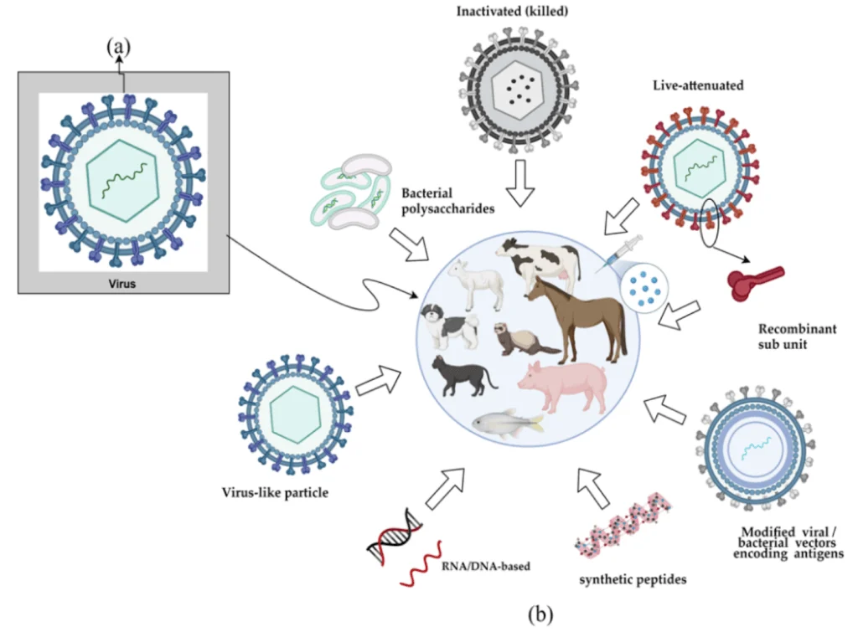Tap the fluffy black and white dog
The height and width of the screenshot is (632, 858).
pos(451,326)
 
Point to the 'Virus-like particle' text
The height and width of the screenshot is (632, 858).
pos(276,492)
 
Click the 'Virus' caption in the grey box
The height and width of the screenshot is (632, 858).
pos(122,284)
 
